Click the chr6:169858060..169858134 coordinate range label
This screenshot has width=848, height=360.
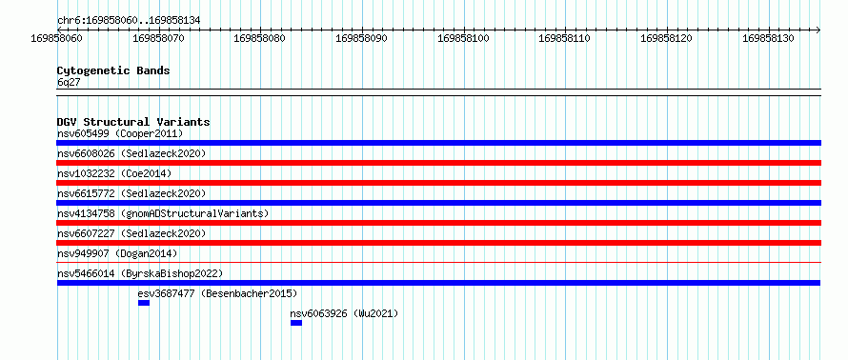129,20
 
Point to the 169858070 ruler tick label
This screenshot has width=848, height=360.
158,38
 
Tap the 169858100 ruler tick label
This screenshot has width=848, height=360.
463,38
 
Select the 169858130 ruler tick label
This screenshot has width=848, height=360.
769,38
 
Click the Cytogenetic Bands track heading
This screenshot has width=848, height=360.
113,70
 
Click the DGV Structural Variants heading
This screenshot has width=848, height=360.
133,122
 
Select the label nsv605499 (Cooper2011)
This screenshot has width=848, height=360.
120,133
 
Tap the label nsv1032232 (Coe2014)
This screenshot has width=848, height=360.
114,173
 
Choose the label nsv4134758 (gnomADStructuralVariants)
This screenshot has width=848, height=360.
163,213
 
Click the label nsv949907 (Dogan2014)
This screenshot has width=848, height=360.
117,253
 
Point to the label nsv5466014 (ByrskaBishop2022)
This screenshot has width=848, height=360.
140,273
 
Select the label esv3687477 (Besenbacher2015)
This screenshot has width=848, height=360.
217,293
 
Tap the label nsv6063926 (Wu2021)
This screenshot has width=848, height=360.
344,313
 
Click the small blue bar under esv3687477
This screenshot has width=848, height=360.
144,303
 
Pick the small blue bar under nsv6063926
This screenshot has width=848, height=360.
296,323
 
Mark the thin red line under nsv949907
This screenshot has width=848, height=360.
439,262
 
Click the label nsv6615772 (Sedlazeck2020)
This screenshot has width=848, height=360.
131,193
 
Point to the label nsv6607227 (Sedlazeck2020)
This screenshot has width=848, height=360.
131,233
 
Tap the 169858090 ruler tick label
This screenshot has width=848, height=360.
362,38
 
